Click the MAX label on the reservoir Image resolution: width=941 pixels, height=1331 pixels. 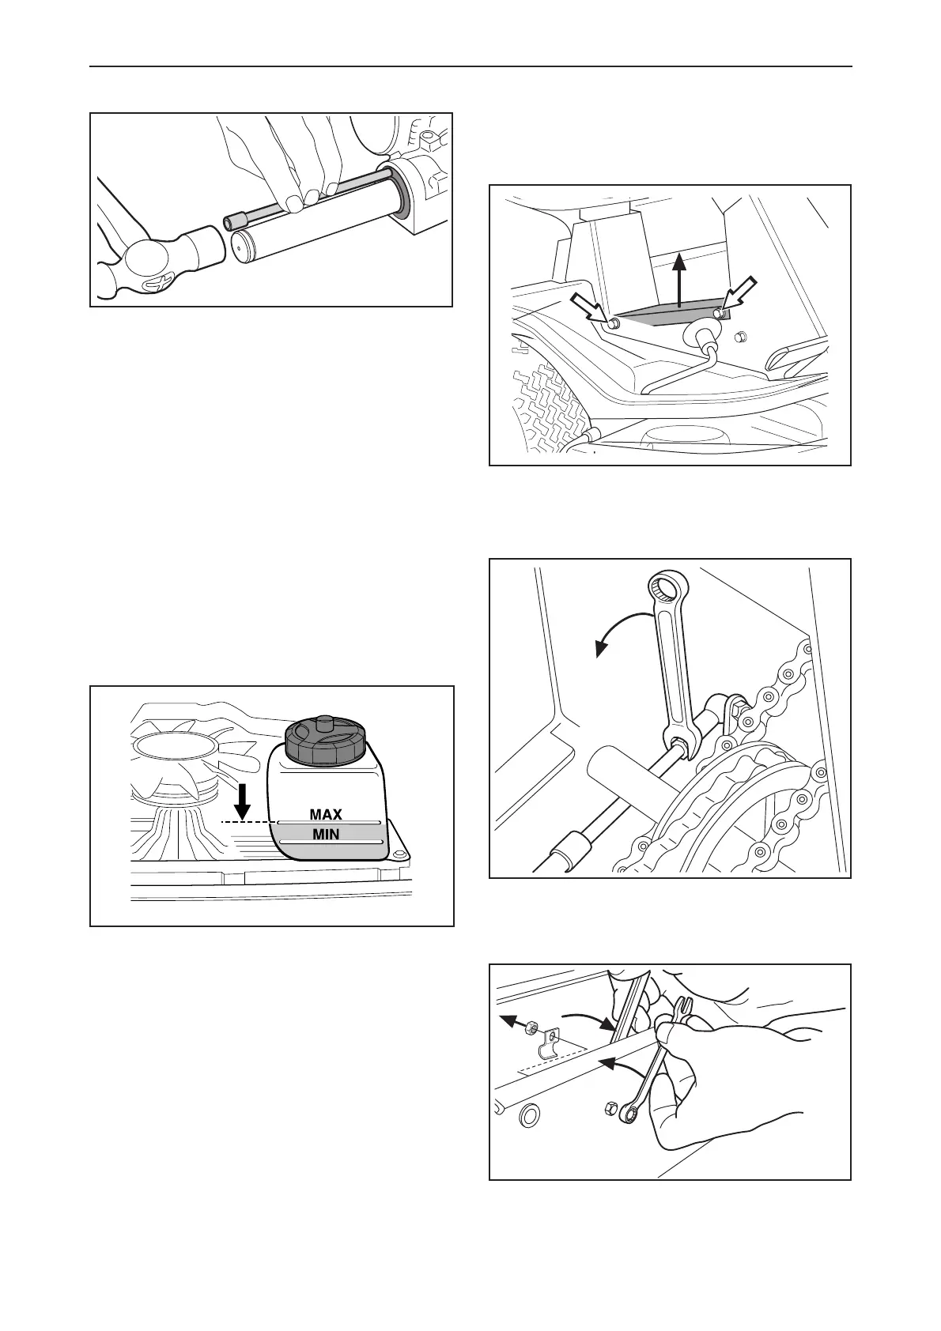(x=326, y=814)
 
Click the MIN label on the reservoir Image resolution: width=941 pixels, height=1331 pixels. (x=326, y=833)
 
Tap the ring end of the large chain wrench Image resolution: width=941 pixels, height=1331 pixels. (x=666, y=589)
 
